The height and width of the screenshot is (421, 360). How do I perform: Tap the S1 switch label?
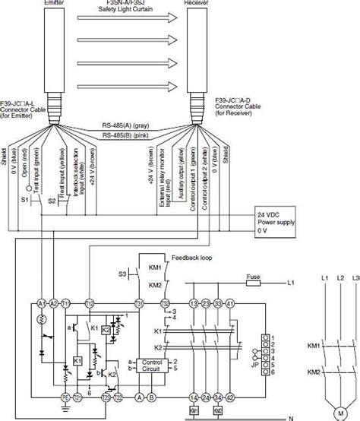24,200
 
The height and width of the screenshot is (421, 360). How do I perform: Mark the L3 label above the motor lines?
355,283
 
